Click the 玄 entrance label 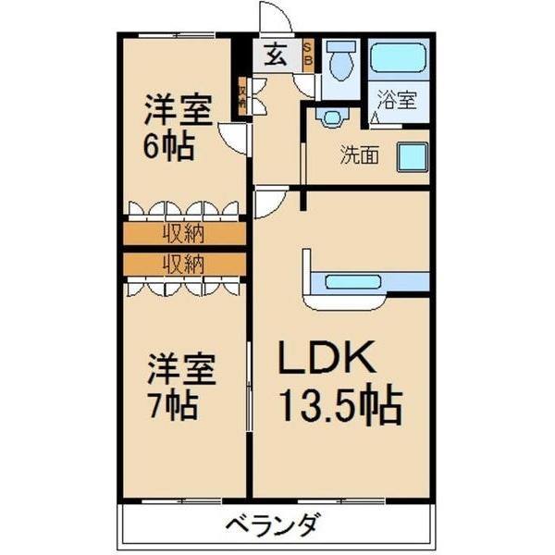point(276,55)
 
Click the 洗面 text point(359,155)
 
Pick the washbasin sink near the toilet point(328,116)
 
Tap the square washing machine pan point(413,157)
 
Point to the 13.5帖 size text point(339,404)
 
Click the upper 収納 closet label point(185,233)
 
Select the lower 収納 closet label point(185,264)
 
